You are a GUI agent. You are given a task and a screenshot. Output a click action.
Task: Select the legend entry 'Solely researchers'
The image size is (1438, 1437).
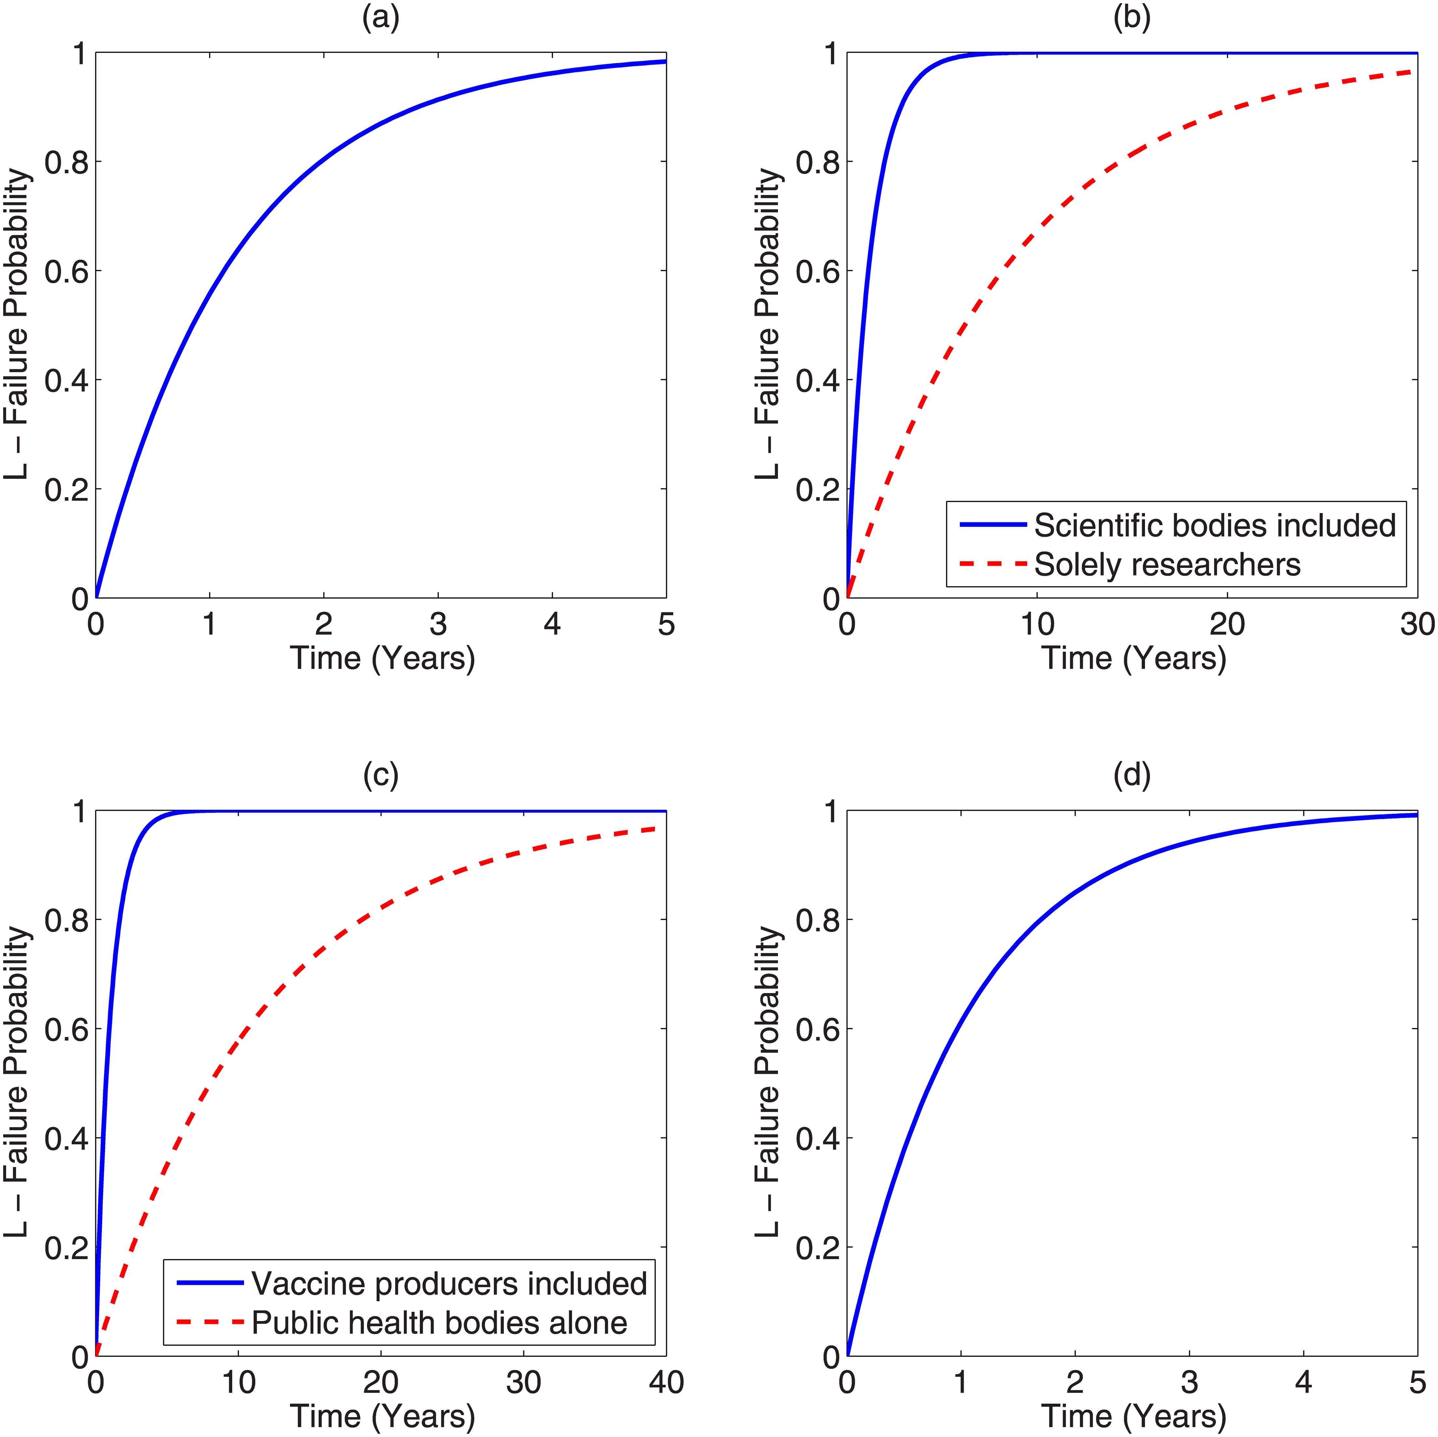pos(1167,565)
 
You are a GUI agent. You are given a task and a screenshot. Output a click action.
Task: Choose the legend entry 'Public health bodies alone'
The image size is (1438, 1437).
pos(439,1322)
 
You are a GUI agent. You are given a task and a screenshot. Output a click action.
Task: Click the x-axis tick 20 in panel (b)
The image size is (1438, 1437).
pos(1227,624)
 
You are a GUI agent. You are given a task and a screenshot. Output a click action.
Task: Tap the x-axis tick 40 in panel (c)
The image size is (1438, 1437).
pos(666,1382)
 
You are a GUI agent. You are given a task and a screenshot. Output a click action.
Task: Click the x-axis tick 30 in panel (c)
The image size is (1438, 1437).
pos(523,1382)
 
